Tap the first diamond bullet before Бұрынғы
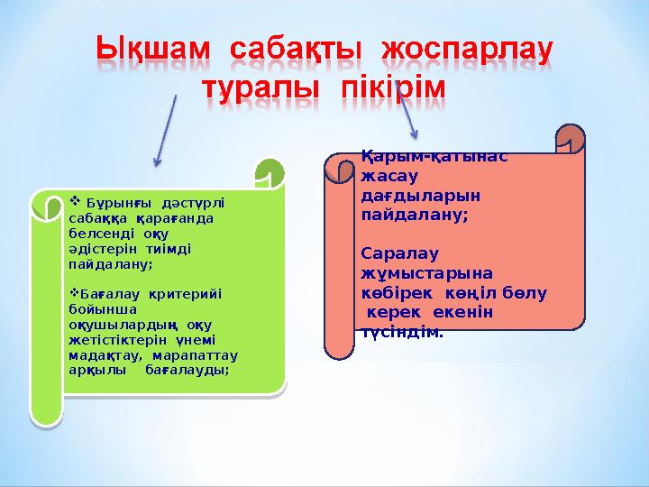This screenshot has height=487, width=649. point(75,201)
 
